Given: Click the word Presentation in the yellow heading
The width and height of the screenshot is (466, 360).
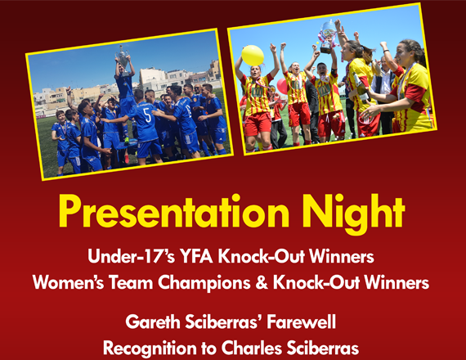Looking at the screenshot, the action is coord(174,212).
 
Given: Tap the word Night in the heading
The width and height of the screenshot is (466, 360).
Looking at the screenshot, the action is coord(353,214).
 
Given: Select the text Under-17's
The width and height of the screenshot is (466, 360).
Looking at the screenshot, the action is coord(131,256).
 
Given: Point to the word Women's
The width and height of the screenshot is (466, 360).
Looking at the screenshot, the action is coord(68,282).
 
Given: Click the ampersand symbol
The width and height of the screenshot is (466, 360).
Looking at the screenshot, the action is coord(262,282).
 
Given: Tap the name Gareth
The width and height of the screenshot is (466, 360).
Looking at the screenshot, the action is coord(153,322).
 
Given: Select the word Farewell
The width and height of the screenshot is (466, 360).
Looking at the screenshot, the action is coord(302,322).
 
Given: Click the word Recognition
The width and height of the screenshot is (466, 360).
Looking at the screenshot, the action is coord(150,349).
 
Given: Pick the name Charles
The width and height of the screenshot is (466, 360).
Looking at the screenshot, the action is coord(252,348).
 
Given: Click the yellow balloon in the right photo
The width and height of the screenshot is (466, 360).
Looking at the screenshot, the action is coord(253,56).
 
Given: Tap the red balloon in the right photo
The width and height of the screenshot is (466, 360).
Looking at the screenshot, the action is coord(282,86).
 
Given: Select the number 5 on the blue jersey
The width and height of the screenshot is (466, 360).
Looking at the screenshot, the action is coord(148,116).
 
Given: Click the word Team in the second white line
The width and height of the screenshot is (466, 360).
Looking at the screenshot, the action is coord(131,282).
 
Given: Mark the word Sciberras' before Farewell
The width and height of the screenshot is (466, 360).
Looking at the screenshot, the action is coord(223,322).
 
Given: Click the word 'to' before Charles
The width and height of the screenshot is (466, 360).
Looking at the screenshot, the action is coord(208,349).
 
